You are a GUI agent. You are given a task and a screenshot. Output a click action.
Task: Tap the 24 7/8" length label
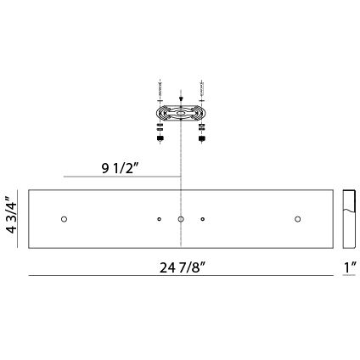[180, 265]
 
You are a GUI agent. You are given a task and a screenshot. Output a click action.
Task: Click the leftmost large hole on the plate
[64, 220]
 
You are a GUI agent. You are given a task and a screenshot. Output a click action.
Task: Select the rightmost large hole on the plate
[297, 220]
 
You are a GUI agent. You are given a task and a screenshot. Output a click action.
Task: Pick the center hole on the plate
[181, 220]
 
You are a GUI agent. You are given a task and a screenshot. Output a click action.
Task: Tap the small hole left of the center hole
[160, 220]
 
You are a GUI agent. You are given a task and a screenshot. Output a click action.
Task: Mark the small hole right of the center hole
[202, 220]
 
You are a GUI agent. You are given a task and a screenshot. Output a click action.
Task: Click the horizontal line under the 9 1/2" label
[123, 176]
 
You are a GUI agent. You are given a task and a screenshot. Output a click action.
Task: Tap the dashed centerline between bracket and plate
[181, 161]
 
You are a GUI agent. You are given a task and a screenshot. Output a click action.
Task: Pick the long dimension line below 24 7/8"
[180, 275]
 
